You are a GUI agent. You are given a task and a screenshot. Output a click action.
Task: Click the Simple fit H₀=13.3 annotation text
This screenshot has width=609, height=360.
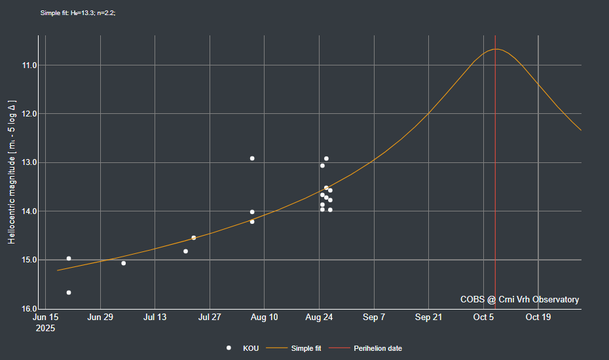tap(78, 13)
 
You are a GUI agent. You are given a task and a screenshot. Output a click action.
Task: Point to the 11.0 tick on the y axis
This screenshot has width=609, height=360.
tap(29, 65)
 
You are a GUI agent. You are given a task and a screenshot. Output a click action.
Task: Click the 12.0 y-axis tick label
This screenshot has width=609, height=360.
tap(29, 114)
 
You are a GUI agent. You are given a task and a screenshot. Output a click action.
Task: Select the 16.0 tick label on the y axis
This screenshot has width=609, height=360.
tap(29, 309)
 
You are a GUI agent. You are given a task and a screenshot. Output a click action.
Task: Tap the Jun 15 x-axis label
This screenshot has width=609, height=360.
tap(45, 317)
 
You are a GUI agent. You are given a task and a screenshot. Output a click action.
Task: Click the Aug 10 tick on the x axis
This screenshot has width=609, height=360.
tap(264, 317)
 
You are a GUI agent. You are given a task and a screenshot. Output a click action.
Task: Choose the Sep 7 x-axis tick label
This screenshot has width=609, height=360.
tap(374, 317)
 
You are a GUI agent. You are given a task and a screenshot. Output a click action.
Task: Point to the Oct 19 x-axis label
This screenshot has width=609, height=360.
tap(538, 317)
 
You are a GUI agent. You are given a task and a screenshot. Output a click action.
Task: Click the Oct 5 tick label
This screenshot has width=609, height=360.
tap(483, 317)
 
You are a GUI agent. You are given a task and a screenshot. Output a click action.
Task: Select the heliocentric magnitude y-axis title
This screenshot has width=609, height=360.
tap(12, 173)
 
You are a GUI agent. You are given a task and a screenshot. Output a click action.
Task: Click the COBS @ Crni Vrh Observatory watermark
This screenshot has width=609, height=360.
tap(519, 299)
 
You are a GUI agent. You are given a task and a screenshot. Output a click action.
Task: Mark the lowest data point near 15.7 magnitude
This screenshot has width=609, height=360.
tap(69, 293)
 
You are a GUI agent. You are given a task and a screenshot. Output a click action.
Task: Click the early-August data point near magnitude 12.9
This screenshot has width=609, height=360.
tap(252, 158)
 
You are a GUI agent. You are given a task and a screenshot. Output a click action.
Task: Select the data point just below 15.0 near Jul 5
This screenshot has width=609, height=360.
tap(124, 263)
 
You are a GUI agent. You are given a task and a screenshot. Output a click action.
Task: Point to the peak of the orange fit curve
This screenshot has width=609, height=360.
tap(496, 49)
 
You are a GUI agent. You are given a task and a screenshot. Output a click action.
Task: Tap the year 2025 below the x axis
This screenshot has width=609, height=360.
tap(45, 328)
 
